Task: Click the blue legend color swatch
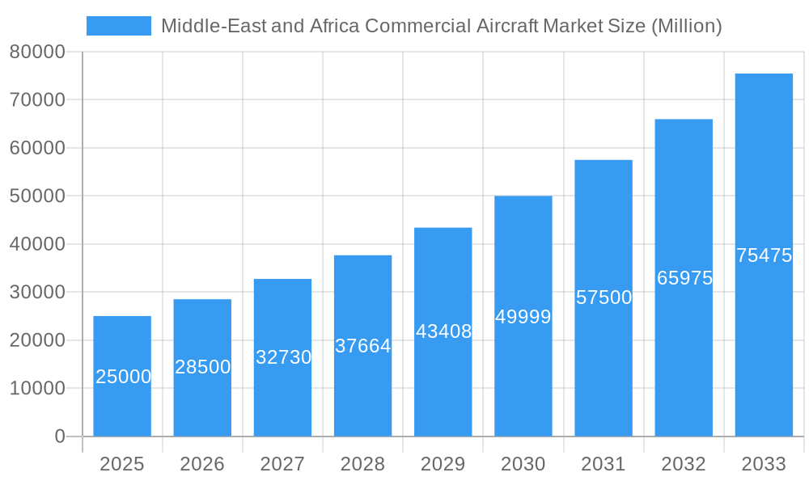click(118, 26)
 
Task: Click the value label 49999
click(523, 317)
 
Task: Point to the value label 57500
click(604, 297)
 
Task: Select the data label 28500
click(202, 367)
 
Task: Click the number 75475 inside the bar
click(764, 255)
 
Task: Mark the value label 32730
click(283, 357)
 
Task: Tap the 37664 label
click(362, 346)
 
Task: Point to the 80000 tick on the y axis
click(36, 53)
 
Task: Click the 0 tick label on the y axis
click(59, 436)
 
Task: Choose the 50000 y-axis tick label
click(36, 196)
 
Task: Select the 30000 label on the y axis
click(36, 293)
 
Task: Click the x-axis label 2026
click(202, 464)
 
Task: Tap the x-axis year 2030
click(523, 464)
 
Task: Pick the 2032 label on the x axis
click(684, 464)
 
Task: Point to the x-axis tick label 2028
click(362, 464)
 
